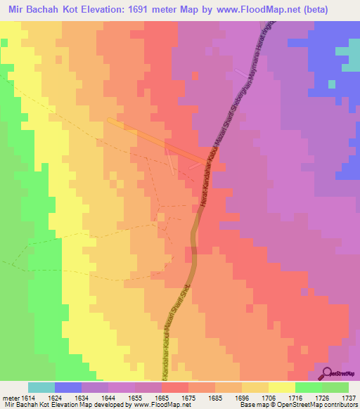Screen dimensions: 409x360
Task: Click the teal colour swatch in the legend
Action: pyautogui.click(x=41, y=387)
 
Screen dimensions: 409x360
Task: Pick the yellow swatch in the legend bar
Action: pyautogui.click(x=281, y=387)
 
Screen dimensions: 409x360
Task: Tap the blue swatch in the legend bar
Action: pyautogui.click(x=67, y=387)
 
